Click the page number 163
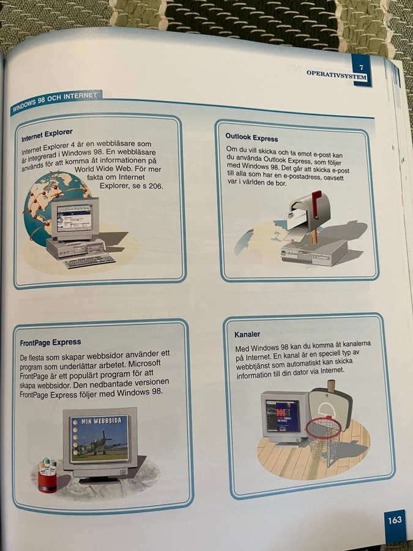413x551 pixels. click(x=395, y=520)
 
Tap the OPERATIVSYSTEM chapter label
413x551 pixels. click(x=337, y=75)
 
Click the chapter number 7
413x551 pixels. click(x=362, y=67)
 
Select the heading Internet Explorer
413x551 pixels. click(x=47, y=135)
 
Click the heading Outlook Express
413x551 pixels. click(x=251, y=137)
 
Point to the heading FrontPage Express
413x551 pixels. click(x=50, y=342)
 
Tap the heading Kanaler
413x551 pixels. click(x=247, y=334)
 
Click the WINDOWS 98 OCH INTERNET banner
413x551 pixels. click(x=55, y=101)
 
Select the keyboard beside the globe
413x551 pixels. click(x=89, y=261)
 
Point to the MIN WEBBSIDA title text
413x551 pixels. click(x=102, y=421)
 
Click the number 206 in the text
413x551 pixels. click(x=155, y=186)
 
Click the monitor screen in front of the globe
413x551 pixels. click(x=75, y=217)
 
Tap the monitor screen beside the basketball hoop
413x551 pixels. click(x=283, y=415)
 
